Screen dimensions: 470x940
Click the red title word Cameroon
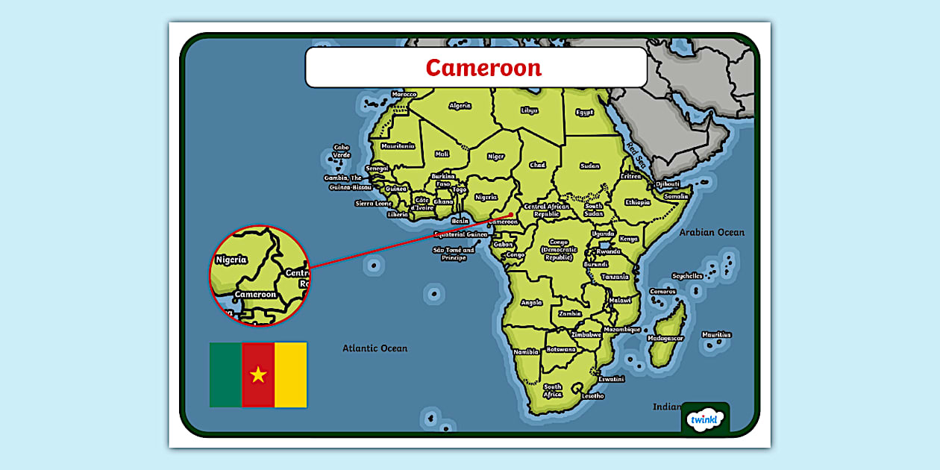point(483,68)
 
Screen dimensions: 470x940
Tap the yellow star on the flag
point(258,375)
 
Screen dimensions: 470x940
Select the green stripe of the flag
point(225,375)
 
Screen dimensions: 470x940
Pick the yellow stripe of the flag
point(291,375)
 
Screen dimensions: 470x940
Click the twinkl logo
point(705,419)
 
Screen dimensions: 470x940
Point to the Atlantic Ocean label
point(375,348)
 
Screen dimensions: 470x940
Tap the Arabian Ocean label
point(711,233)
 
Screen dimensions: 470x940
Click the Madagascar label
point(665,338)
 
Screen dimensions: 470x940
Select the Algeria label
point(460,106)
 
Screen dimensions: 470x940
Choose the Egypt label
point(584,113)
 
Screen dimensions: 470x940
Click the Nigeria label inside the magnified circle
point(231,260)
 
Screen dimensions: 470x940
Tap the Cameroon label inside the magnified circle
point(255,294)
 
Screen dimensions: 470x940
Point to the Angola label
point(531,303)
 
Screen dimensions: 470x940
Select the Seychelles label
point(687,276)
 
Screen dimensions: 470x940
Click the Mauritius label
point(716,335)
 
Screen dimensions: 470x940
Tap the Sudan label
point(589,166)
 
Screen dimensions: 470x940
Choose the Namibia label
point(526,351)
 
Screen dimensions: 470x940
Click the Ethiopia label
point(637,202)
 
